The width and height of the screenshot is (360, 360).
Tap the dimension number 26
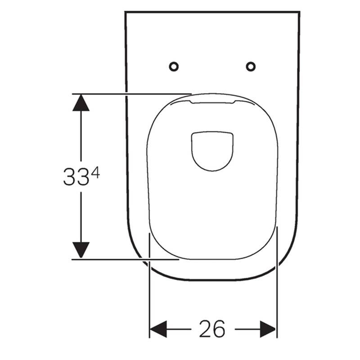point(212,329)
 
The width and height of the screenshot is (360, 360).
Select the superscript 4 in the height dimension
point(95,172)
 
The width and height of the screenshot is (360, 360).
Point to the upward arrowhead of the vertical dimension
point(81,103)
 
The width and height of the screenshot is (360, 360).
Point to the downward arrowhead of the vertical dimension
point(81,250)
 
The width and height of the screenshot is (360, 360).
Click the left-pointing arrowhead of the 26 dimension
point(158,329)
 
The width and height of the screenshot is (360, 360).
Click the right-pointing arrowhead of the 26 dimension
point(268,329)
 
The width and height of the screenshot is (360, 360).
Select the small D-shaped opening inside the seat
point(192,152)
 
